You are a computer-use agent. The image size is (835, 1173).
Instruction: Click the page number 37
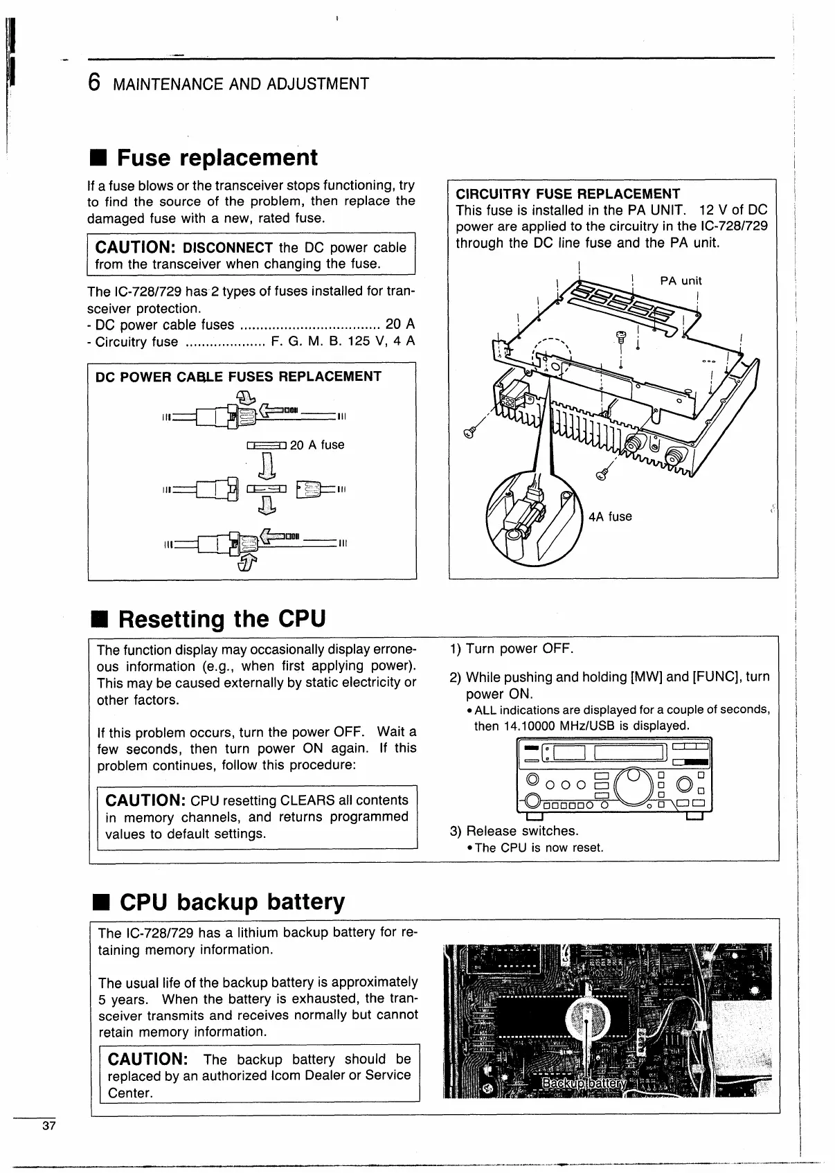(48, 1125)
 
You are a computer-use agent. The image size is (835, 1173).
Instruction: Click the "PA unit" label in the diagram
(681, 280)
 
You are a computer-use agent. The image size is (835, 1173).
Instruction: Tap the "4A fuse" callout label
(610, 517)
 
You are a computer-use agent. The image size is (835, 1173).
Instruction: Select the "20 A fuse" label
(317, 445)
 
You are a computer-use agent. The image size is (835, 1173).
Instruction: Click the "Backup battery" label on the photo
(584, 1084)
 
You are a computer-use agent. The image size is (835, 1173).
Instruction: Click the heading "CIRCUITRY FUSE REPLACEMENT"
(568, 194)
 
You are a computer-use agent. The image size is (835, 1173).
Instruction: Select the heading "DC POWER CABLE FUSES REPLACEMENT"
(238, 377)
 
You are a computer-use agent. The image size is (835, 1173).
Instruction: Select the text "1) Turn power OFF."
(512, 649)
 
